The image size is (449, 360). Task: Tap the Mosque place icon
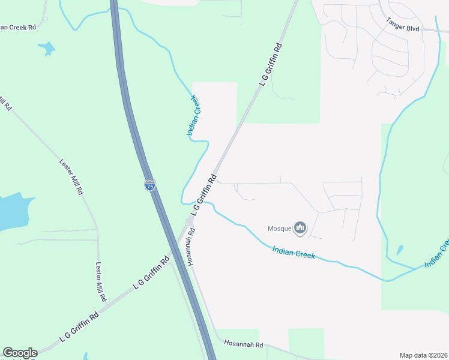tap(300, 228)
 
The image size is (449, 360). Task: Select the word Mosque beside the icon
tap(279, 228)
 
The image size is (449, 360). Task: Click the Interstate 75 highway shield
tap(150, 185)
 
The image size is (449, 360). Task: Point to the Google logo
tap(20, 353)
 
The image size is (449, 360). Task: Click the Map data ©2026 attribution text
tap(423, 355)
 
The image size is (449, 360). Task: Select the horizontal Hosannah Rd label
tap(244, 344)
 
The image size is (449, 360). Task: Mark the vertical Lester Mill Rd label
tap(101, 281)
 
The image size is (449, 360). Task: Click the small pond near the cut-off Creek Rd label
tap(46, 48)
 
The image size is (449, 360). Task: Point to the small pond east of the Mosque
tap(400, 250)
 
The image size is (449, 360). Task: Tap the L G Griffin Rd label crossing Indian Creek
tap(203, 196)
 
